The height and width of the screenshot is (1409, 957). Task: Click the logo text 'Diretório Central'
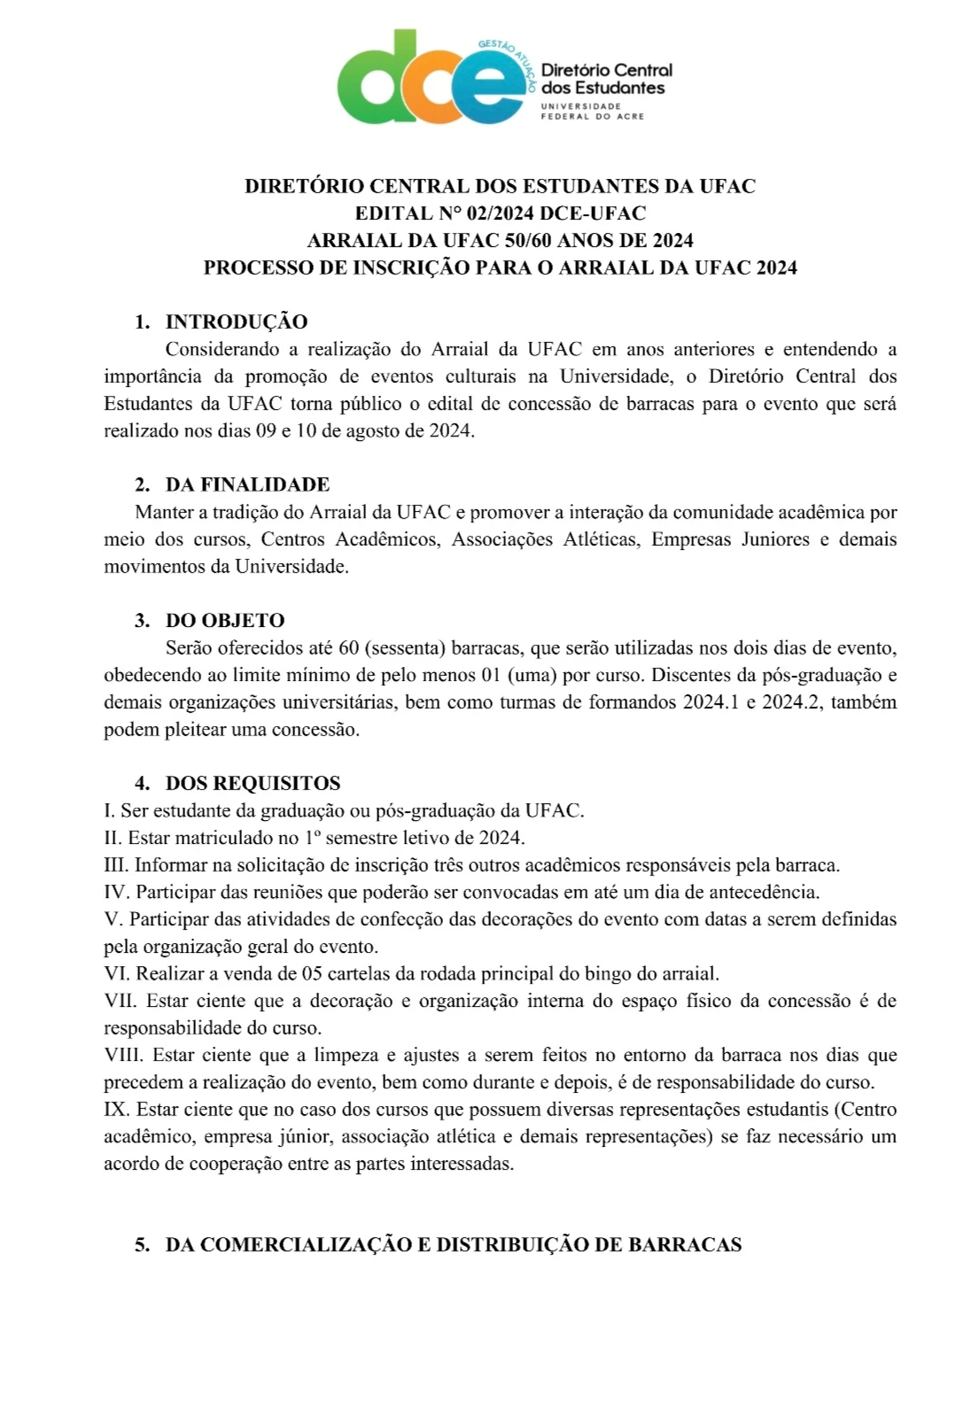click(x=606, y=70)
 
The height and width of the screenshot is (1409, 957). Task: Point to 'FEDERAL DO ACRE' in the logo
click(x=592, y=116)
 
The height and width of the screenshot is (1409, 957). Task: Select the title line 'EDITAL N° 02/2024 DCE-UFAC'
click(x=501, y=213)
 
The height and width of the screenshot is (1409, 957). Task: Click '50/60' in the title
click(x=528, y=241)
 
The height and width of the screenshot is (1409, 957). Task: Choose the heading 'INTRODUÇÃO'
click(x=237, y=321)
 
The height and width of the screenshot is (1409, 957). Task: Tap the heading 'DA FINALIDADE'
click(x=247, y=484)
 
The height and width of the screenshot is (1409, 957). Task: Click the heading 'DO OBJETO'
click(x=225, y=621)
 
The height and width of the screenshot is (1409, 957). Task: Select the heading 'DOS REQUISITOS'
click(x=253, y=784)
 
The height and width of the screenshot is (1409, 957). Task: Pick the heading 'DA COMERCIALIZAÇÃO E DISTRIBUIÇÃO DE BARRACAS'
click(x=453, y=1245)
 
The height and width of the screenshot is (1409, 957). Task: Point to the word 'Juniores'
click(x=775, y=539)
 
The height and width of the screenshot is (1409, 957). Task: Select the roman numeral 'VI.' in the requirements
click(x=117, y=974)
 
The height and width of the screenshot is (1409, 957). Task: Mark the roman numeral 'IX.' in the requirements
click(x=117, y=1110)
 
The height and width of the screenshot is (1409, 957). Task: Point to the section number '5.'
click(x=143, y=1245)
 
